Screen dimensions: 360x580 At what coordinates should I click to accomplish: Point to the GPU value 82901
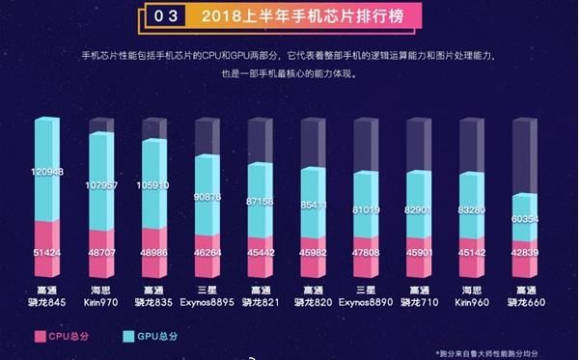pyautogui.click(x=424, y=208)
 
